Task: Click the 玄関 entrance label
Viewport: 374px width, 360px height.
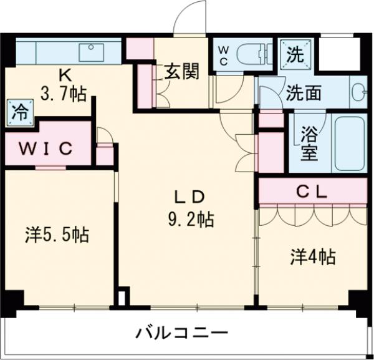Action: point(182,72)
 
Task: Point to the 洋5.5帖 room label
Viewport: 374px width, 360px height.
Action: point(57,235)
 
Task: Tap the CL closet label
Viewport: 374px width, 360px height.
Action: point(311,192)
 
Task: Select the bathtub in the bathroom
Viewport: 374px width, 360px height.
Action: point(349,142)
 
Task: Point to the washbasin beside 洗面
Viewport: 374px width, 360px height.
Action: point(358,92)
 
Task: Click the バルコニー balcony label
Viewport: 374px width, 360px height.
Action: point(182,333)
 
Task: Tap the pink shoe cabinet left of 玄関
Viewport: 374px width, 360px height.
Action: point(145,85)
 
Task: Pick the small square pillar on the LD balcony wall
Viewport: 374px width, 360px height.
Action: point(123,297)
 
